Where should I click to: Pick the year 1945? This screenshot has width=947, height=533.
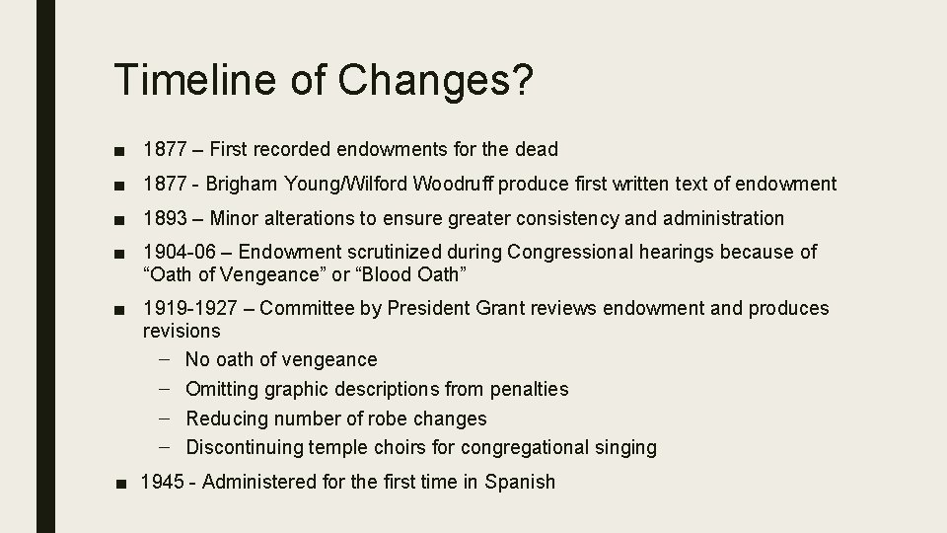pyautogui.click(x=164, y=483)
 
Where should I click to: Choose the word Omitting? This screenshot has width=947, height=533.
pyautogui.click(x=222, y=389)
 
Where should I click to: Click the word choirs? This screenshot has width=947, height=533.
pyautogui.click(x=400, y=447)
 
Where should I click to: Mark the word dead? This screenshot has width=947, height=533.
pyautogui.click(x=537, y=150)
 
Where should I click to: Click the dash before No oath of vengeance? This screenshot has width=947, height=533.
pyautogui.click(x=165, y=359)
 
